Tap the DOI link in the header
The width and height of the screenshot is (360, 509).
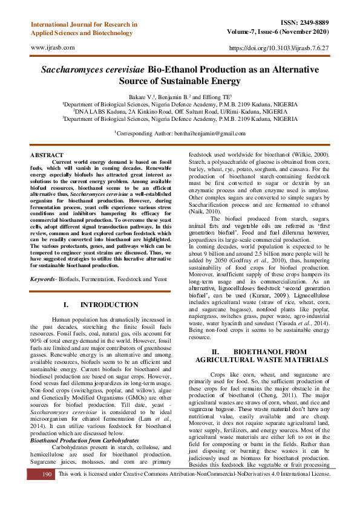point(279,47)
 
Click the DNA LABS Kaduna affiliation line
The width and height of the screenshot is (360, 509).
point(180,111)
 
